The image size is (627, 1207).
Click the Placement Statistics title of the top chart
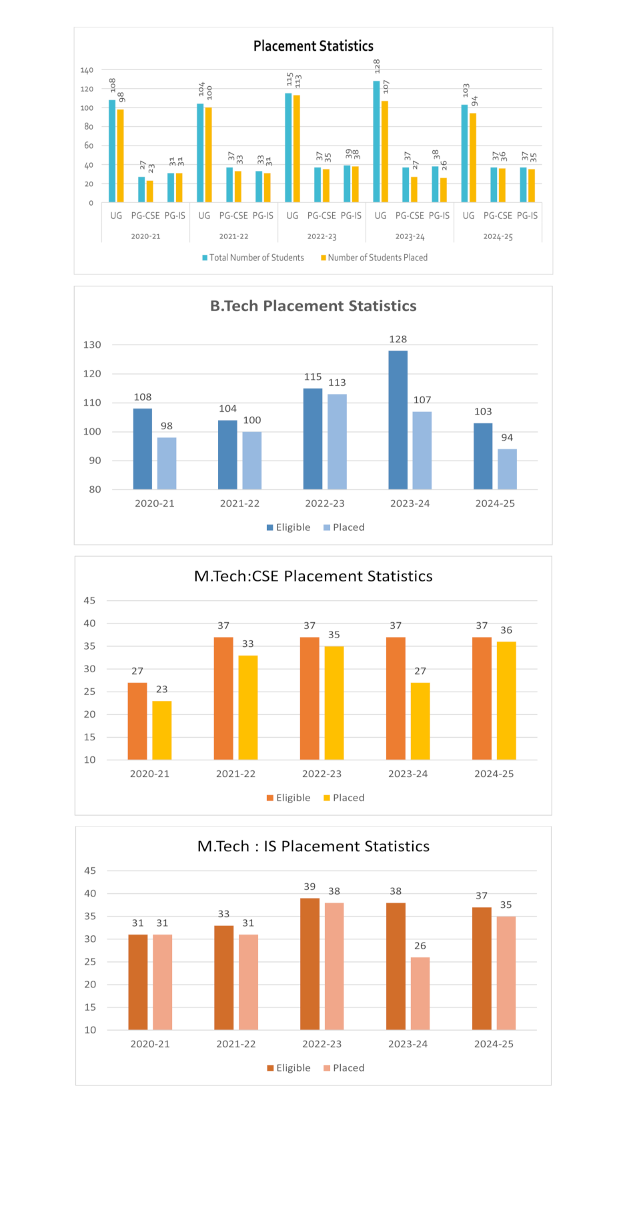point(313,46)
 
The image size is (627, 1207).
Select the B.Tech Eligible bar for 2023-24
point(398,420)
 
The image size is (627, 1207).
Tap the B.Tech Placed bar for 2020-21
point(167,463)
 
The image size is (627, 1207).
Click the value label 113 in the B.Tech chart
point(337,383)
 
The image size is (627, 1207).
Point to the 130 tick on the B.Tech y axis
point(92,345)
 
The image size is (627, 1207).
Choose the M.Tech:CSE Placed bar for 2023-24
point(420,721)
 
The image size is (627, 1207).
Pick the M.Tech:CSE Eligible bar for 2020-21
point(137,721)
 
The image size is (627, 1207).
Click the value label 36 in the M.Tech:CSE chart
point(506,630)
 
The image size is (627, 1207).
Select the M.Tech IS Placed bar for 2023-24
point(420,993)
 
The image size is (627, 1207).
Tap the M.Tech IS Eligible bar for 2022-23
point(309,963)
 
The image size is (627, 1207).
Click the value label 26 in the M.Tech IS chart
point(420,946)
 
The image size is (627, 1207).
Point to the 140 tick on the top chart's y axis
point(87,70)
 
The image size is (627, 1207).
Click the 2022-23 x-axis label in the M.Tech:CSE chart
point(322,774)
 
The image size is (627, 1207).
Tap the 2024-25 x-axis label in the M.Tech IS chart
point(494,1044)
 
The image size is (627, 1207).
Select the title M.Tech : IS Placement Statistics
point(313,847)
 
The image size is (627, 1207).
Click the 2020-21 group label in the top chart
point(145,237)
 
